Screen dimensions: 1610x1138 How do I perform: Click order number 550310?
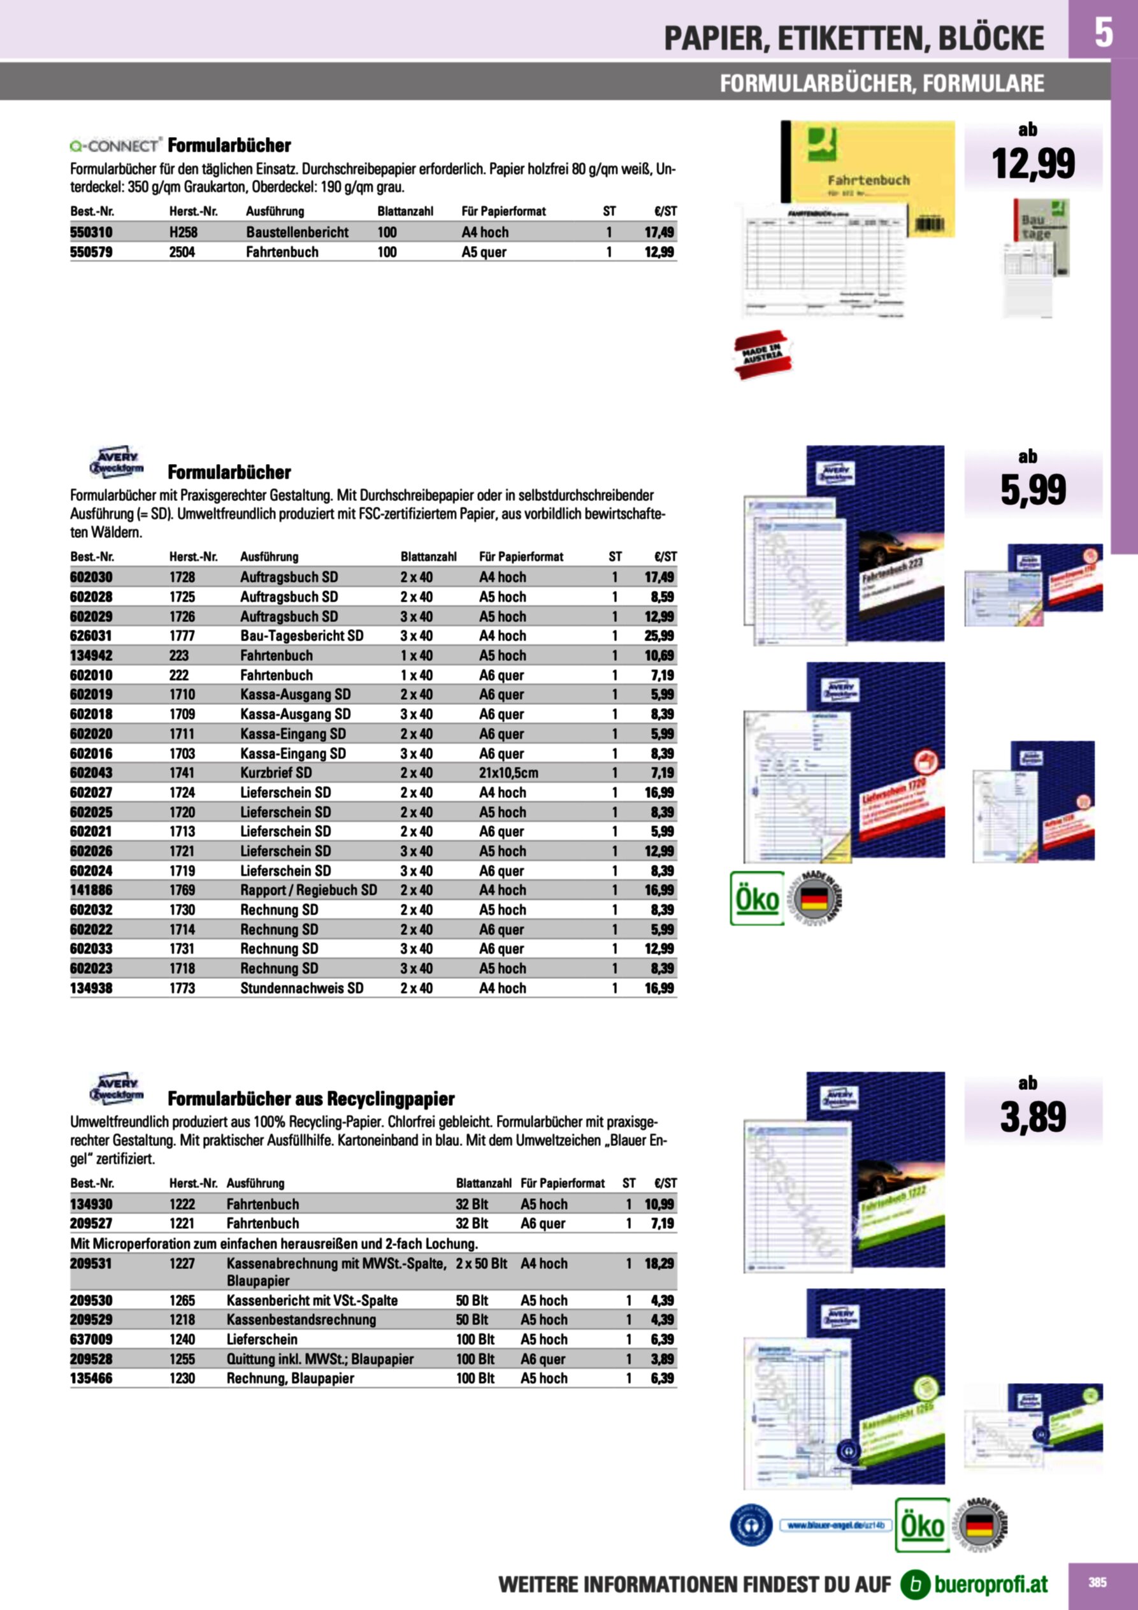coord(91,232)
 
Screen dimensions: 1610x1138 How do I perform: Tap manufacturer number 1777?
coord(182,636)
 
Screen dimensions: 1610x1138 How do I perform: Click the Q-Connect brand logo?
coord(115,146)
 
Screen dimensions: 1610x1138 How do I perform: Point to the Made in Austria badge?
coord(761,354)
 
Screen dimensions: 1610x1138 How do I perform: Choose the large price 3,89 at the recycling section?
coord(1032,1118)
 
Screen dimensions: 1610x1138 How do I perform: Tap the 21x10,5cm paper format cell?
coord(508,772)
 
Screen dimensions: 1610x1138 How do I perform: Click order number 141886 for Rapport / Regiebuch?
coord(91,890)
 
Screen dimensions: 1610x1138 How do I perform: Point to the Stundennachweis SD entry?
coord(301,988)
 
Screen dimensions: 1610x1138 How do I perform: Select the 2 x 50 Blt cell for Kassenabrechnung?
coord(481,1264)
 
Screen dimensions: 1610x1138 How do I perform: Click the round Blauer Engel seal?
coord(751,1525)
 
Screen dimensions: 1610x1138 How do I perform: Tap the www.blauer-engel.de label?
coord(836,1525)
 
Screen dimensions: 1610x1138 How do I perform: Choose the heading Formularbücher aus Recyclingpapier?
coord(310,1099)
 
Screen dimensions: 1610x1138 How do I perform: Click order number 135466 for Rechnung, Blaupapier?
coord(91,1378)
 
